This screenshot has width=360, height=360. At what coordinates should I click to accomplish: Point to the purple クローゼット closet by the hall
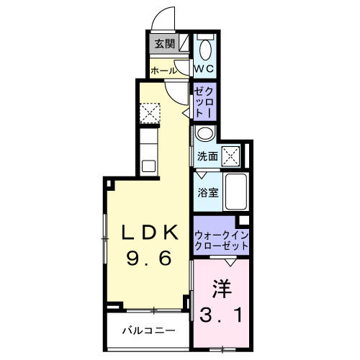pos(202,102)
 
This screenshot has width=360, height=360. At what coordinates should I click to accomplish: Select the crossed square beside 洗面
pos(230,155)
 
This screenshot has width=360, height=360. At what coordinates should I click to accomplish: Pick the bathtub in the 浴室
pos(235,191)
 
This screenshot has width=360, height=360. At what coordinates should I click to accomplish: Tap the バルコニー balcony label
pos(148,332)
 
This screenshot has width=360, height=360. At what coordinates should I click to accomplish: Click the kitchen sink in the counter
pos(149,166)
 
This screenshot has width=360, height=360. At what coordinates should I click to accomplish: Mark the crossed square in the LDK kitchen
pos(149,114)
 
